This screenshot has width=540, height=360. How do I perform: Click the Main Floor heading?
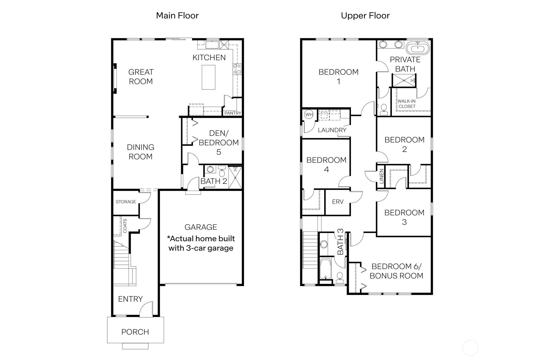177,16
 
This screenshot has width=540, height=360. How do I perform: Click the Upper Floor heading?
365,16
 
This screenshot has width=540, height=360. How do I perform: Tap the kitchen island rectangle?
208,77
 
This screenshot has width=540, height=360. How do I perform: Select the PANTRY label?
233,113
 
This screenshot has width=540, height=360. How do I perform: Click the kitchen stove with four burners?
237,69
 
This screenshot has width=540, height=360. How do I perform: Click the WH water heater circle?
309,114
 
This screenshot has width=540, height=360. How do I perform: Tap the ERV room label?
338,202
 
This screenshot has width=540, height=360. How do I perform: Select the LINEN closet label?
382,176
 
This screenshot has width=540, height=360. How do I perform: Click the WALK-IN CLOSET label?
407,104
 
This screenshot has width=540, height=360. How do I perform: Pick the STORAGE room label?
126,202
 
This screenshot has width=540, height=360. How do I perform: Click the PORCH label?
135,332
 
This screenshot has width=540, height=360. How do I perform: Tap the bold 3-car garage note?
201,243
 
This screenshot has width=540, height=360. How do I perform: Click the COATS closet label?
125,225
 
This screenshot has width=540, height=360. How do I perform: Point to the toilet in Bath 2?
222,172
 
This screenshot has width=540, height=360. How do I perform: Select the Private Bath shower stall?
404,80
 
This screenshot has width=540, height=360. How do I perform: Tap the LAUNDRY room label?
332,130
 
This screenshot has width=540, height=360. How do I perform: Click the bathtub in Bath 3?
325,268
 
